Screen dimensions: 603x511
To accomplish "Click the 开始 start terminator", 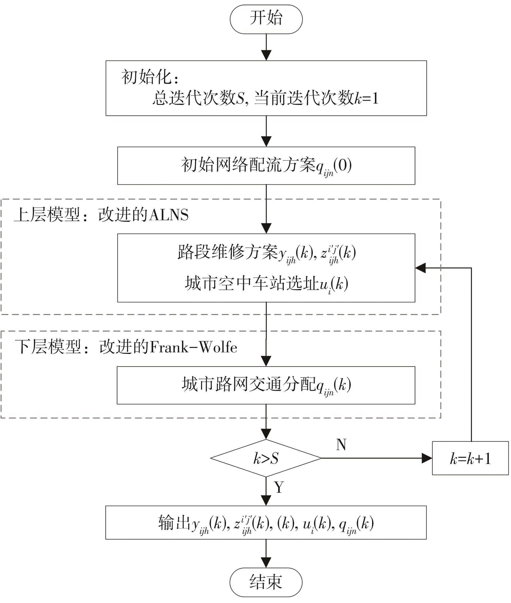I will (266, 19).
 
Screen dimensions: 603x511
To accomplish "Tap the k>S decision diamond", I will (266, 458).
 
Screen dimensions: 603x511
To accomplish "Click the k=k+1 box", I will (470, 458).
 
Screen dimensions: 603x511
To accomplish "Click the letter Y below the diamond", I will (279, 487).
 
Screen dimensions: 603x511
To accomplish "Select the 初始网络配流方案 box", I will (266, 165).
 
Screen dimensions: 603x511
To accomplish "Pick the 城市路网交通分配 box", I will (266, 385).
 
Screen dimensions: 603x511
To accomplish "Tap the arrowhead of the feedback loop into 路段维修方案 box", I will (421, 268).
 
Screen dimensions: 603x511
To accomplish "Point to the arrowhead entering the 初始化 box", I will (266, 55).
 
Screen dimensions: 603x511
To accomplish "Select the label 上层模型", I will (47, 215).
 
